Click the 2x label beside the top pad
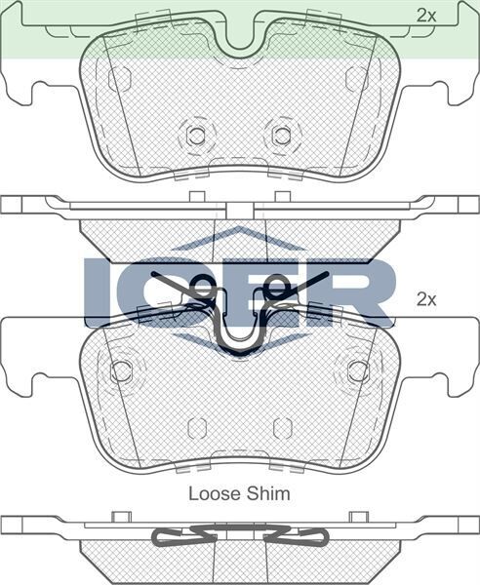point(425,15)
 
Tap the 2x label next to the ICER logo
point(425,299)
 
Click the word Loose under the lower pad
point(211,493)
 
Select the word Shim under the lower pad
point(268,493)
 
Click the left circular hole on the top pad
point(196,136)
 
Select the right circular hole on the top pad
point(283,136)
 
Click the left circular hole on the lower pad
point(121,371)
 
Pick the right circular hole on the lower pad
point(358,371)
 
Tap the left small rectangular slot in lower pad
point(196,428)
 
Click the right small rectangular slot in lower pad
point(283,428)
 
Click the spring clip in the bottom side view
point(240,536)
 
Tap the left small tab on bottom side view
point(122,516)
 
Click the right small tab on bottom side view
point(358,516)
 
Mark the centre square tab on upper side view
point(240,209)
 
